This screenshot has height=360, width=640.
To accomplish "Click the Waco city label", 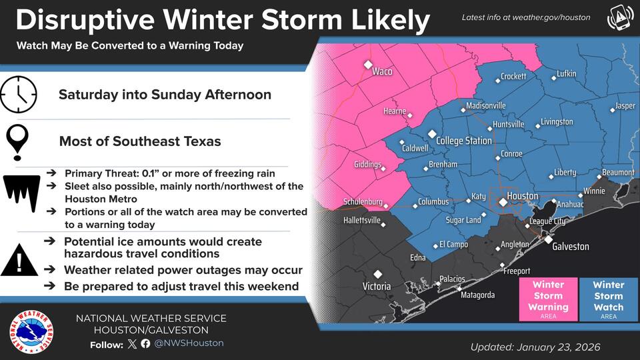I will [x=382, y=71].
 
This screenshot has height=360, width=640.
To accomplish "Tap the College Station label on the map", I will [x=463, y=141].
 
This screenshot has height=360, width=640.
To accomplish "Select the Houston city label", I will [x=522, y=196].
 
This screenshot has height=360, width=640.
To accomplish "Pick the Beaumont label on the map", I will [x=618, y=173].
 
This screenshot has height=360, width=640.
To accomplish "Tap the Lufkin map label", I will [x=566, y=73].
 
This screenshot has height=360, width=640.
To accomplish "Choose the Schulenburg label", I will [x=363, y=201].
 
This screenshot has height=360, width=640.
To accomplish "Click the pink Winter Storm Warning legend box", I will [x=549, y=299].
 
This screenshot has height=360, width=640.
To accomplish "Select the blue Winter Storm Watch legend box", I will [x=608, y=299].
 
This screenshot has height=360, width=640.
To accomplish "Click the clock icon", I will [x=19, y=95].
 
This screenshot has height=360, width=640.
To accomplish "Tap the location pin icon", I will [x=18, y=141].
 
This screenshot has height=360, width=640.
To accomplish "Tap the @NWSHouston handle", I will [x=189, y=343].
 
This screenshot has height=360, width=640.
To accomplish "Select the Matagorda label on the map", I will [x=477, y=295].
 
